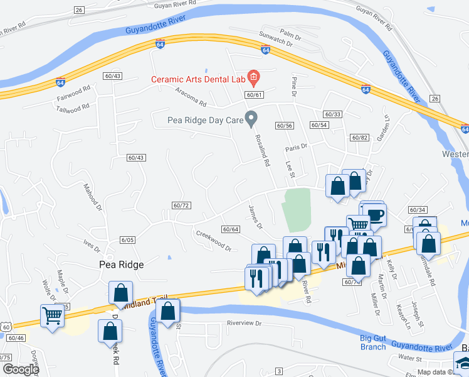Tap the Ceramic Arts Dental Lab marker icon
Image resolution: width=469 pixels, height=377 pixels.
[253, 79]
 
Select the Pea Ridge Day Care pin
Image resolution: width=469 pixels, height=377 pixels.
[251, 117]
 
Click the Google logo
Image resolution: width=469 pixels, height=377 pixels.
[20, 369]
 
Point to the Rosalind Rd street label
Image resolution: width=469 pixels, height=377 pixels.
[262, 151]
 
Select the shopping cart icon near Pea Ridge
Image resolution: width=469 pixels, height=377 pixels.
[51, 315]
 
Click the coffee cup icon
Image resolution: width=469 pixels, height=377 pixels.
[375, 215]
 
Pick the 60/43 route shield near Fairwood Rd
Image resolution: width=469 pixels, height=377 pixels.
[113, 76]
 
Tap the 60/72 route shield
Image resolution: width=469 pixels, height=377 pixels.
[181, 205]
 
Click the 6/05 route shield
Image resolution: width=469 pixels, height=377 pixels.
[128, 239]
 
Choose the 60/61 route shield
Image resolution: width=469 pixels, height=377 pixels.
[253, 95]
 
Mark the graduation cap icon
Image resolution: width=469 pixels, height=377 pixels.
[463, 363]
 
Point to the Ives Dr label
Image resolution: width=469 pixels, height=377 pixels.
[92, 243]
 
